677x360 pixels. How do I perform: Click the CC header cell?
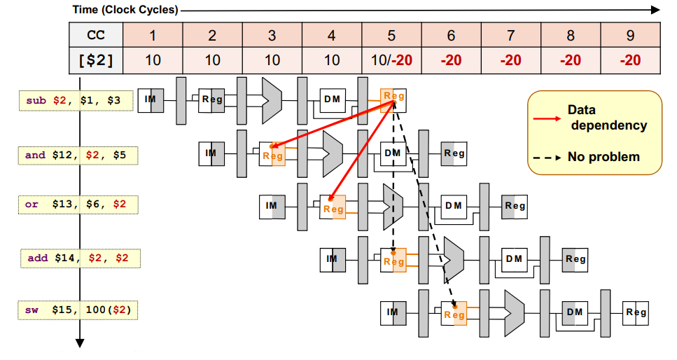click(96, 34)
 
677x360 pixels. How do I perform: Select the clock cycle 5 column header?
click(391, 34)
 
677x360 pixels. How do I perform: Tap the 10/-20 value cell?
click(391, 60)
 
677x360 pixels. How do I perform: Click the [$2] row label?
click(96, 60)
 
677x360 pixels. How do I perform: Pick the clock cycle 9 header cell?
click(630, 34)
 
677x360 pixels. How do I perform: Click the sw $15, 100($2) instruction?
click(78, 309)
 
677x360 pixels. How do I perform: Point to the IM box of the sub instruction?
click(151, 99)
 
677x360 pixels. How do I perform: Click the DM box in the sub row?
click(333, 99)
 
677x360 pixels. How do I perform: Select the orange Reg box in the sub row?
click(393, 99)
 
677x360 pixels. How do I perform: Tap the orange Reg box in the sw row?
click(454, 312)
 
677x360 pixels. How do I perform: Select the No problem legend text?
click(603, 157)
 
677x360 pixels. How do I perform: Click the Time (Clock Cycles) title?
click(125, 10)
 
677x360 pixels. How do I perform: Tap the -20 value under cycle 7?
click(510, 60)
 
